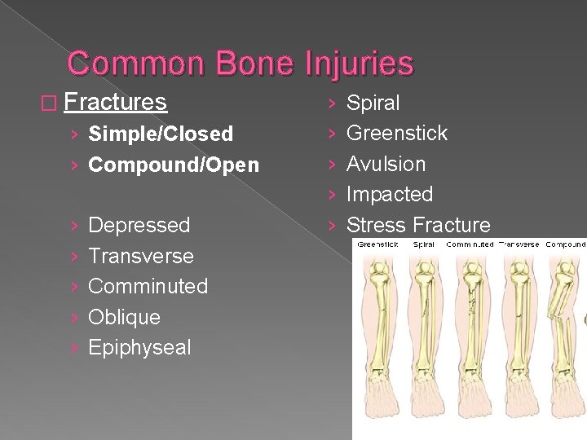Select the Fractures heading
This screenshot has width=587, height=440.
pos(115,103)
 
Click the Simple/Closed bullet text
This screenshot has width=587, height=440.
pos(161,134)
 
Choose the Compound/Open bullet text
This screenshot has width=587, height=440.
pos(174,165)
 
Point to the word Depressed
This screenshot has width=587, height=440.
pos(139,225)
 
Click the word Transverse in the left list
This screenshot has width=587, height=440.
pos(141,256)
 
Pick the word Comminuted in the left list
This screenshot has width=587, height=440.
pos(148,286)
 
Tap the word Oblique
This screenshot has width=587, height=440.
pos(124,317)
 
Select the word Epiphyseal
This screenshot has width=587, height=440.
pos(139,347)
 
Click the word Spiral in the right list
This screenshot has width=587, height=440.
pos(373,103)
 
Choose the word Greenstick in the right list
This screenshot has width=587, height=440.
pos(397,133)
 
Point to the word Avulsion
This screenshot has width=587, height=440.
pos(386,164)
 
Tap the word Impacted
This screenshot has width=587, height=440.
pos(390,194)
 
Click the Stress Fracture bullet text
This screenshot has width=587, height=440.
pos(419,225)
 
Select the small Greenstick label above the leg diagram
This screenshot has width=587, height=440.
pos(377,244)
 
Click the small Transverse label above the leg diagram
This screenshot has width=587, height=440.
pos(519,244)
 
